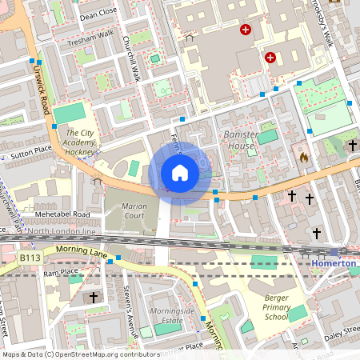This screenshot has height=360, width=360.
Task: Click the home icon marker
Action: (x=180, y=173)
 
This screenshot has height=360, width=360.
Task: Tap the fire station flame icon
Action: (x=303, y=158)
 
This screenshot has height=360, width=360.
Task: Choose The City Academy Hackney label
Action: (x=80, y=142)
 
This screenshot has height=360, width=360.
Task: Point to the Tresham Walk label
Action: (x=90, y=39)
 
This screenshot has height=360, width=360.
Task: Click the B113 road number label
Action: (x=30, y=258)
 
